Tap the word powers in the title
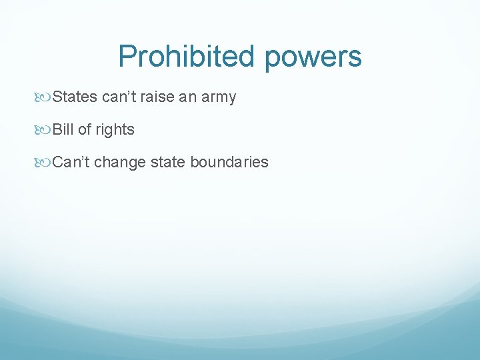[313, 57]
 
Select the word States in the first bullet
[75, 97]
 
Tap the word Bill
[63, 129]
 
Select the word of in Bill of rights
[84, 129]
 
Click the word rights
[115, 130]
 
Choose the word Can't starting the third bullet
[71, 162]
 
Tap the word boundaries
[229, 162]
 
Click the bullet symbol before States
[45, 98]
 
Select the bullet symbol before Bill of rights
[45, 130]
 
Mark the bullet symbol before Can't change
[45, 163]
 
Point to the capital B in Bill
[57, 129]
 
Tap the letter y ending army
[233, 99]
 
